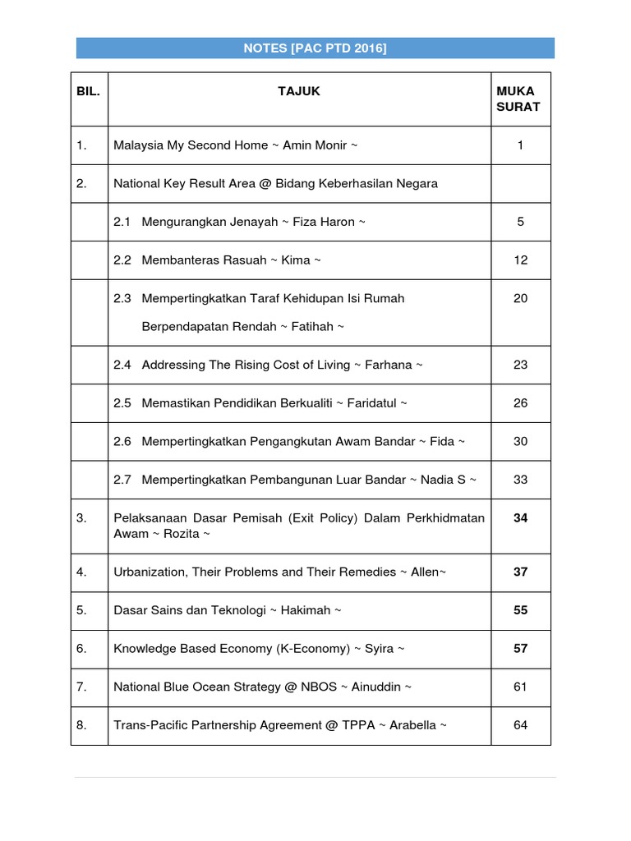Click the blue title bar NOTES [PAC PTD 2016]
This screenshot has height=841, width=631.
pos(315,48)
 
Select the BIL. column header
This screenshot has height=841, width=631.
pos(88,91)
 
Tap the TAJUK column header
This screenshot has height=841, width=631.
pos(299,91)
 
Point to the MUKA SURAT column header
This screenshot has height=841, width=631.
pos(520,99)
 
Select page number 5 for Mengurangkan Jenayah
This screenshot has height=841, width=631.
pos(520,222)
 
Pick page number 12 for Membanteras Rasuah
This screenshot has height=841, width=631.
pos(520,260)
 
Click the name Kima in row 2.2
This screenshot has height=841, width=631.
pos(296,260)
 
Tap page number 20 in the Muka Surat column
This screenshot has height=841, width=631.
pos(520,298)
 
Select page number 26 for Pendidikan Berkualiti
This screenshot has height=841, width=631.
pos(520,403)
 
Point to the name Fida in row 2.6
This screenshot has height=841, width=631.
pos(442,441)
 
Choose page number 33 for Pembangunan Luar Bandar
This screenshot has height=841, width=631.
pos(520,480)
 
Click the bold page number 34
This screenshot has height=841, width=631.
pos(520,517)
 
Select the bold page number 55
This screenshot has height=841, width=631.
pos(520,610)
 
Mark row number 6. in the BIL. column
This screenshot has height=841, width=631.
pos(81,649)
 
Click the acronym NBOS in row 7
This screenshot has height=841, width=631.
pos(320,687)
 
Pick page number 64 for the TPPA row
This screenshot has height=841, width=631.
pos(520,725)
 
